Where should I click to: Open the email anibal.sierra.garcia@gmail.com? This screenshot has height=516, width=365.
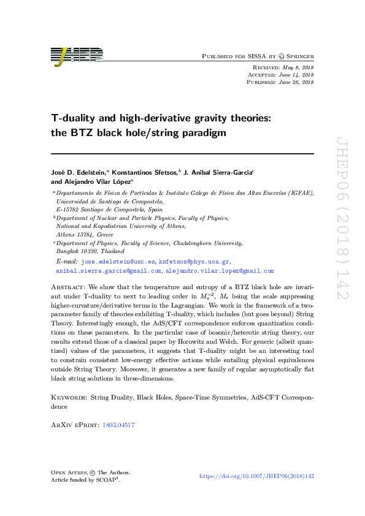click(x=109, y=270)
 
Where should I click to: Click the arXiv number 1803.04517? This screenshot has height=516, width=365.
click(x=120, y=425)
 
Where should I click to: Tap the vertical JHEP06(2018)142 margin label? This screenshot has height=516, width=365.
click(x=342, y=227)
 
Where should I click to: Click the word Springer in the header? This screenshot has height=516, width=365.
click(x=298, y=56)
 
